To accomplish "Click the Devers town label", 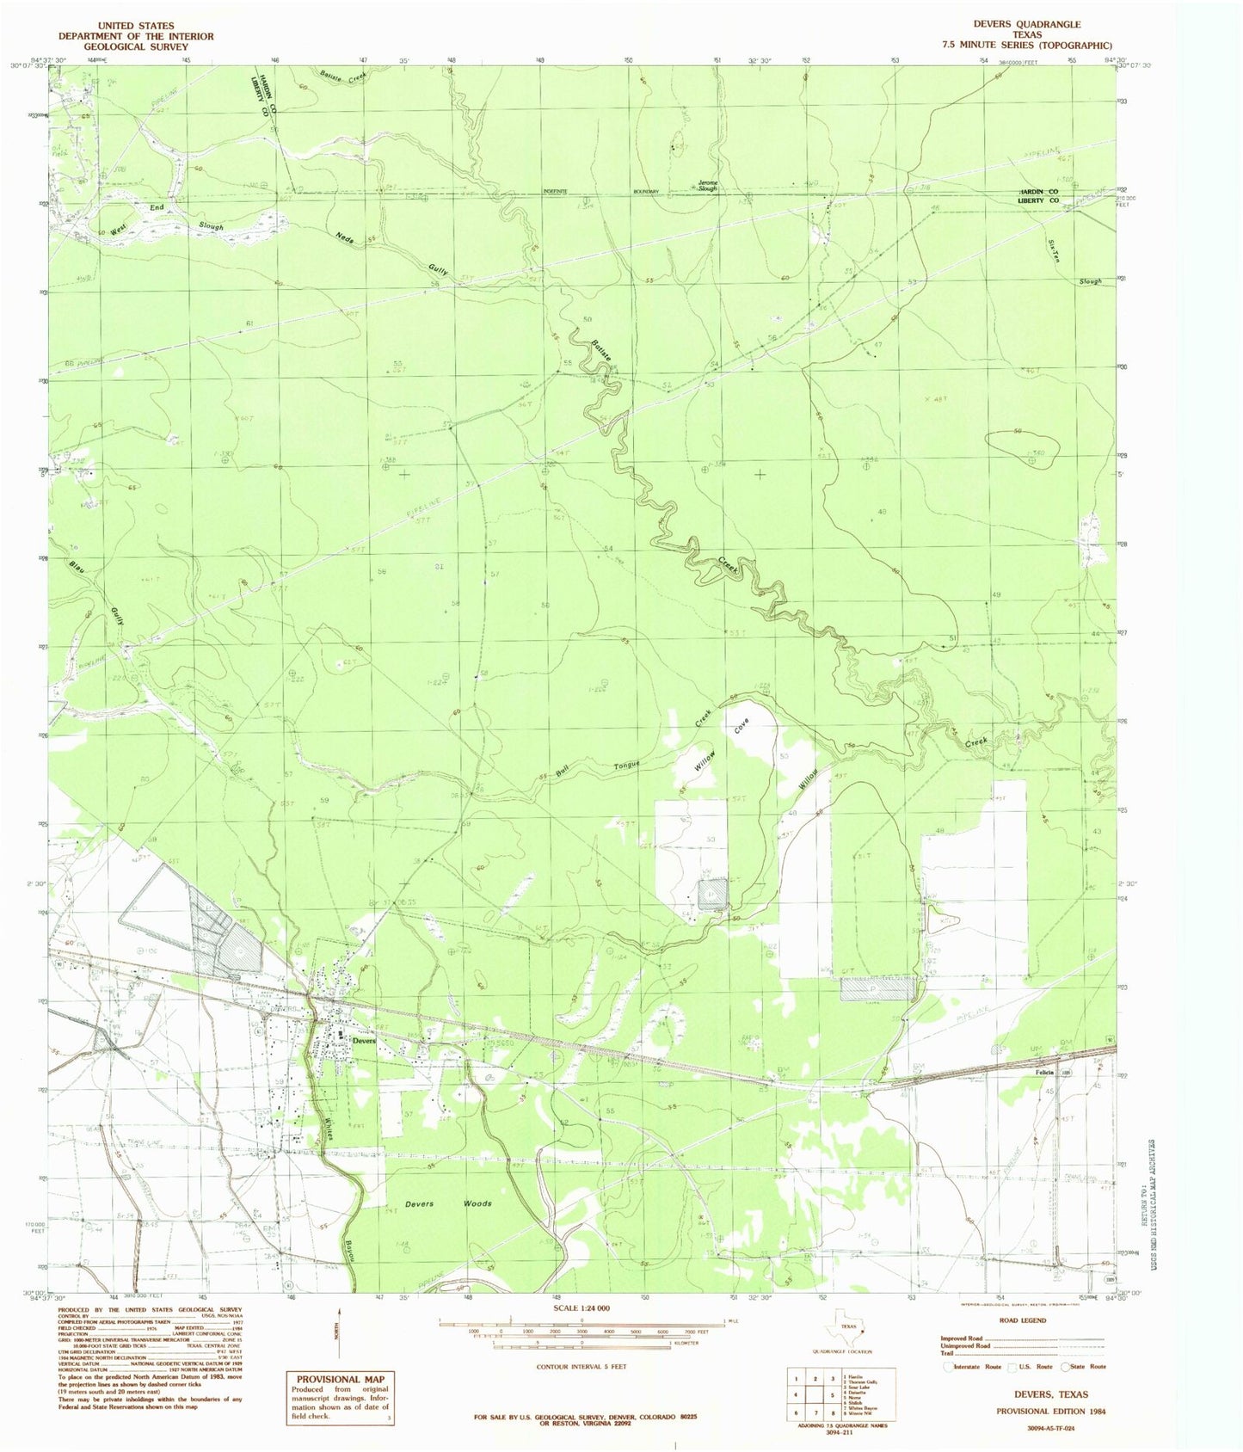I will (x=365, y=1040).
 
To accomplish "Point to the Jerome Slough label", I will (x=712, y=185).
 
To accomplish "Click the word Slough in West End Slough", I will (x=211, y=226).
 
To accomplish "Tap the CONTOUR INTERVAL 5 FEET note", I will (x=581, y=1366).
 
